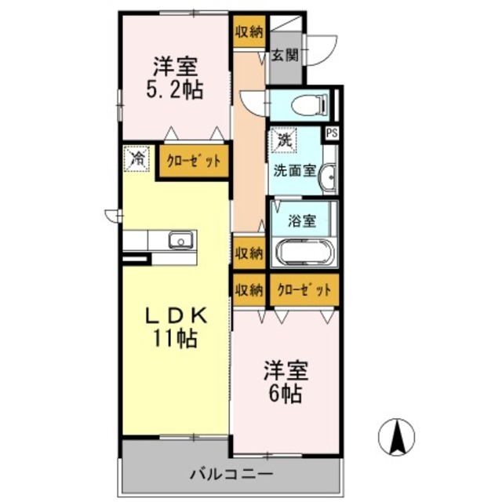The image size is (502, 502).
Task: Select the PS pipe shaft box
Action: coord(332,133)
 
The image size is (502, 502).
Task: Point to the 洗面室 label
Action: coord(294,169)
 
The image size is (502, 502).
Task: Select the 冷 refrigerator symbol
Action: coord(137,158)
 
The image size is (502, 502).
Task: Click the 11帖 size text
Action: coord(176,339)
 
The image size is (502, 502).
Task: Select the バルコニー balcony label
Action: coord(231,474)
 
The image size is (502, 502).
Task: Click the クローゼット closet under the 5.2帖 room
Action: coord(194,162)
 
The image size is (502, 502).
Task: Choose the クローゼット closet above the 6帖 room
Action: coord(304,289)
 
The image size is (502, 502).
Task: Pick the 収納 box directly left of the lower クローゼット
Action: coord(249,289)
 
